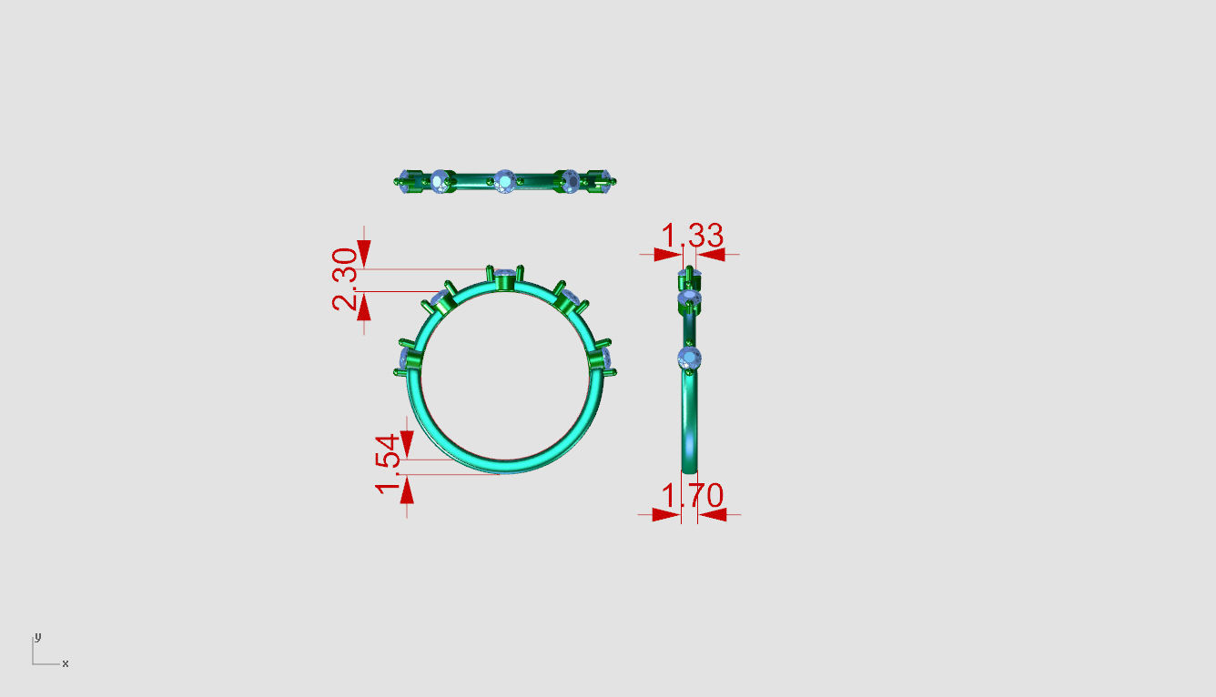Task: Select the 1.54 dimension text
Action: coord(388,464)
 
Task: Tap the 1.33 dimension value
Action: coord(693,237)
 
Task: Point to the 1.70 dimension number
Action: coord(693,497)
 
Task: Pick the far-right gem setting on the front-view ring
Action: coord(603,358)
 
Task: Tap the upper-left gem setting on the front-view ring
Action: coord(441,300)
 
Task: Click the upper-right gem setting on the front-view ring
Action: coord(570,299)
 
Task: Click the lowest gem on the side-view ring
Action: coord(690,358)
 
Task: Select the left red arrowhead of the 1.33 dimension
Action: coord(667,255)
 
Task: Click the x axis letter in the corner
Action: coord(66,663)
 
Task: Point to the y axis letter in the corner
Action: coord(37,636)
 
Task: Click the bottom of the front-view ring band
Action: coord(504,466)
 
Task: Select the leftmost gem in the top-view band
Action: coord(406,178)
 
